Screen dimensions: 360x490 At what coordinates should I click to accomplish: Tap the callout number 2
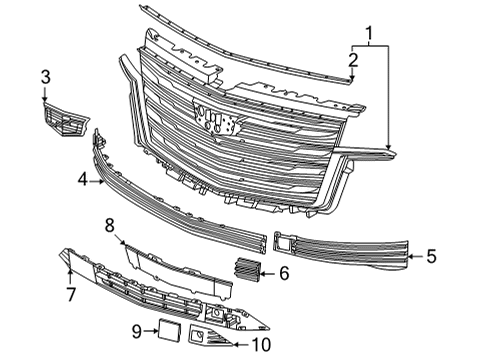[352, 62]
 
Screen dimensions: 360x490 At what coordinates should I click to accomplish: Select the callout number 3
[45, 77]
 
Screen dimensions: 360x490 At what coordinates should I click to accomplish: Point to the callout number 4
[83, 181]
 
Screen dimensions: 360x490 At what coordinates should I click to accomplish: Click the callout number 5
[431, 256]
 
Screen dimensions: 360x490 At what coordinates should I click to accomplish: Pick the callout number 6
[283, 271]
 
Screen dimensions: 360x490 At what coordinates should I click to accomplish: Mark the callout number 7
[70, 294]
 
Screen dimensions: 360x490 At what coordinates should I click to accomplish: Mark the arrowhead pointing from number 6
[261, 270]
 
